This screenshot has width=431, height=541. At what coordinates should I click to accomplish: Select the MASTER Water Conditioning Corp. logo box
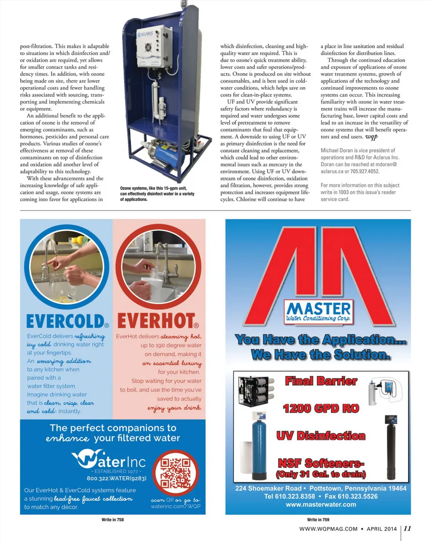319,311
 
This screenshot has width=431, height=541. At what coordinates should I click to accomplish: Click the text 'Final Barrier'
321,382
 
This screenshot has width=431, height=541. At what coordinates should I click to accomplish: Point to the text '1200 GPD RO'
321,409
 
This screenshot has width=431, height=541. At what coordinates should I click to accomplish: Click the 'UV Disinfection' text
321,435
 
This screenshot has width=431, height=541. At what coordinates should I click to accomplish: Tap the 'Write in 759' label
317,519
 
